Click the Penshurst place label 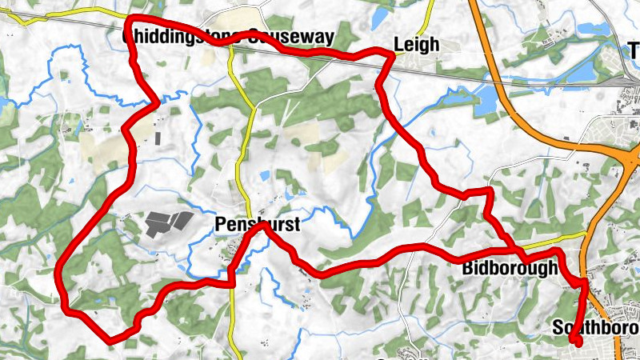[x=258, y=226]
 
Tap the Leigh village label [x=417, y=45]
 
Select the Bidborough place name [x=509, y=269]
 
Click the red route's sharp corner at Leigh [x=392, y=54]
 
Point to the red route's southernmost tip [x=110, y=341]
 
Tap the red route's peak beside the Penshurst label [x=262, y=226]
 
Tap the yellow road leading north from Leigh [x=429, y=18]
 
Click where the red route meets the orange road [x=586, y=282]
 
